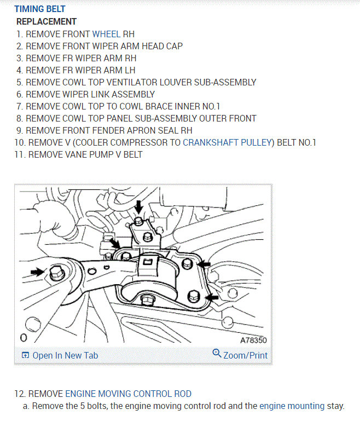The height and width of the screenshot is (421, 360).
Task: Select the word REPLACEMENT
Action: [47, 21]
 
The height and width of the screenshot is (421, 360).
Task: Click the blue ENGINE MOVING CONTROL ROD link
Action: [129, 394]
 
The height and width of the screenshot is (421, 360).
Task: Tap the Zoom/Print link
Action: [245, 355]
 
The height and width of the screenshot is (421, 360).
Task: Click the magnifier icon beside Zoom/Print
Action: [217, 354]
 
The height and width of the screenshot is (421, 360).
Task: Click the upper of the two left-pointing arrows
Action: [205, 265]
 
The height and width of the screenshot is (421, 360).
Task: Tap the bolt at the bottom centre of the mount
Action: [146, 299]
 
